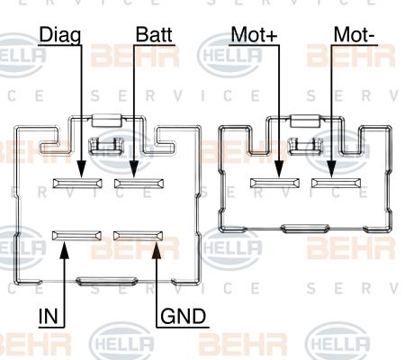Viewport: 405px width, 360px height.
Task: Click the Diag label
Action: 59,36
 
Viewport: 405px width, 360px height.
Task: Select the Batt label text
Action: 154,36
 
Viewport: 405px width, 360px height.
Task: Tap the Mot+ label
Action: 255,36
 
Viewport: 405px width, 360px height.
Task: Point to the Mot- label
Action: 354,36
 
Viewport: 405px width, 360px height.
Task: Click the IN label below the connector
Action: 49,316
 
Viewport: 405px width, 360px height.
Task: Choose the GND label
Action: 183,317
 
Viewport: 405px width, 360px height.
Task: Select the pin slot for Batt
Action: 136,184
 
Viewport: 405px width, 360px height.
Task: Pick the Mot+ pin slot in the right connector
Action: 277,184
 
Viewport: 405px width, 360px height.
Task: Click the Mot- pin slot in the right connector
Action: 336,184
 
